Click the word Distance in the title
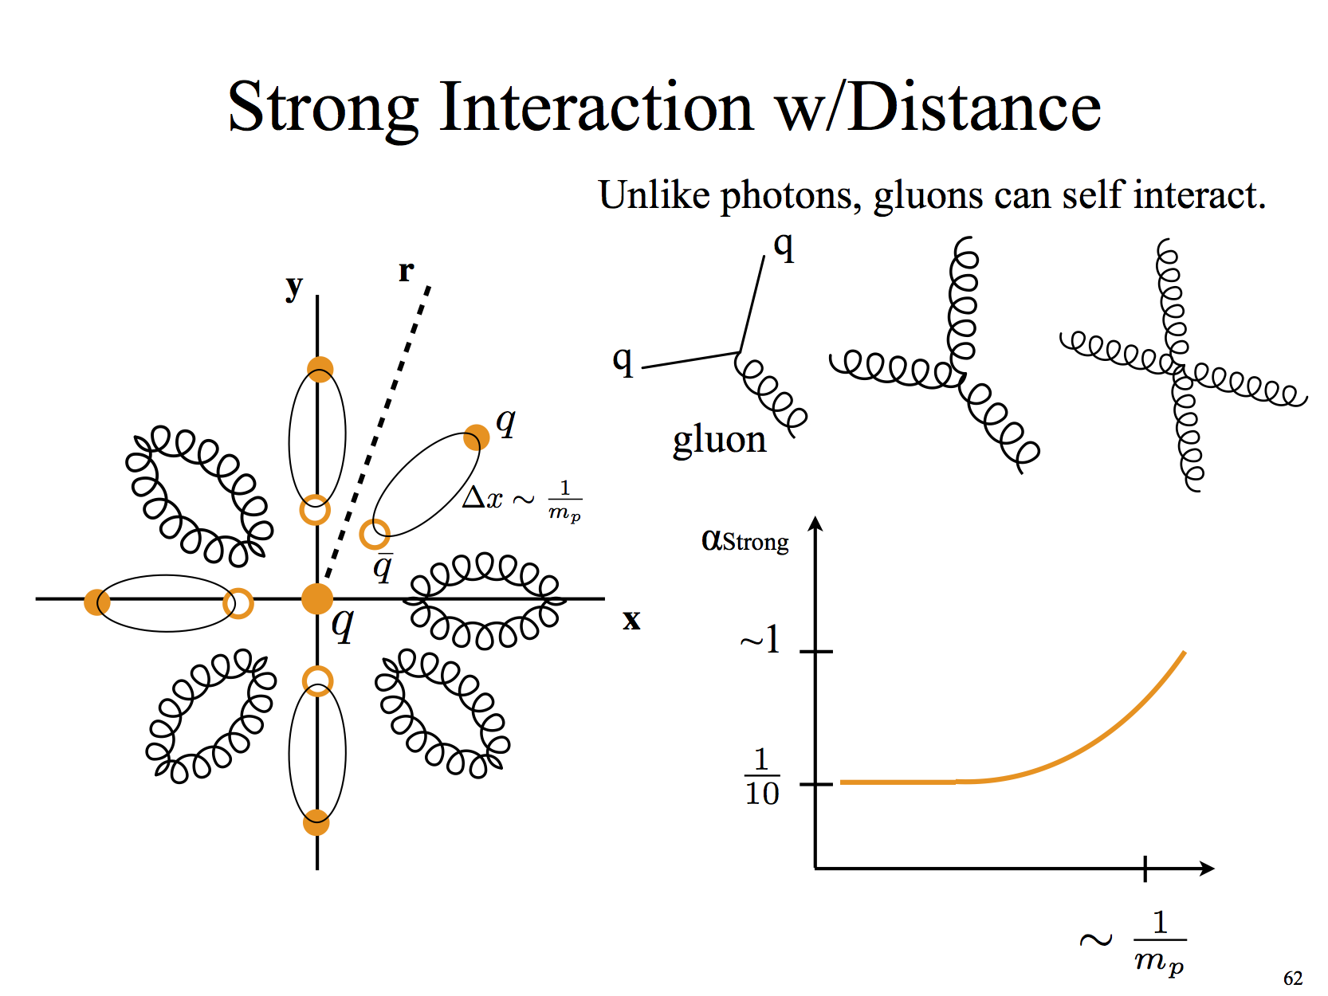tap(973, 107)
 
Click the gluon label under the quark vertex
tap(719, 441)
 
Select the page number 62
tap(1293, 978)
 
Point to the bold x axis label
tap(631, 620)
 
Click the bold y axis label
tap(294, 287)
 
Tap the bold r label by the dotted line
tap(406, 272)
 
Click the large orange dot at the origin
tap(317, 598)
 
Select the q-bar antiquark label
tap(383, 567)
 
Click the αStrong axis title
tap(745, 540)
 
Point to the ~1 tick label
tap(760, 640)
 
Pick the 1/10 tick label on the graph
tap(762, 776)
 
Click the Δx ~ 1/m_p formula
tap(521, 500)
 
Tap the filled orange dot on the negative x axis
tap(96, 602)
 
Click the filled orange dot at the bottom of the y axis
tap(316, 822)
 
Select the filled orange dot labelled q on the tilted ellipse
tap(476, 437)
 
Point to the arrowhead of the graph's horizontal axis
tap(1207, 869)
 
